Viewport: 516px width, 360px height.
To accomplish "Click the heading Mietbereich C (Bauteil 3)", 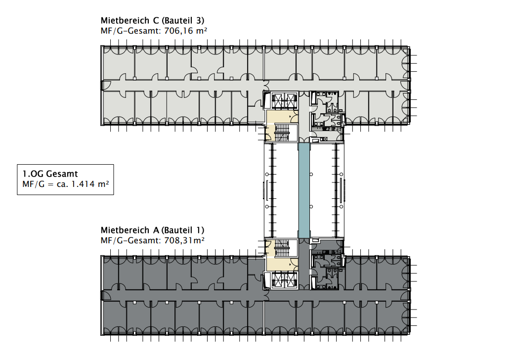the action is pos(152,20).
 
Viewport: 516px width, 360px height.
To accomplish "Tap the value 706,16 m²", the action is pos(186,31).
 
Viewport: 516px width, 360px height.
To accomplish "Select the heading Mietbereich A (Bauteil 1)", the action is pos(152,230).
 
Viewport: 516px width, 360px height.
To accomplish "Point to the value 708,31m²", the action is pos(184,240).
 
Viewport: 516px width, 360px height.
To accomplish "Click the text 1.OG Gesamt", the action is pos(50,174).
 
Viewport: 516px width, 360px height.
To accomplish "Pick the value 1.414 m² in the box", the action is pos(90,184).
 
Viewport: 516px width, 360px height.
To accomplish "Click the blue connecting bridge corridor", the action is pos(304,190).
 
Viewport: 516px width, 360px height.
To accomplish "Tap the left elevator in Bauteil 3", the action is pos(277,100).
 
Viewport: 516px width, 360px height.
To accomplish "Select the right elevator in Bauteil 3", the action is pos(291,100).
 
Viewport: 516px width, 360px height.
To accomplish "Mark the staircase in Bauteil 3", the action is pos(282,133).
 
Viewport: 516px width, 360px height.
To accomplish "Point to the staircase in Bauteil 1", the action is pos(282,248).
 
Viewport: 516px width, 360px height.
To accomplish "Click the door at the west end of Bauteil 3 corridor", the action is pos(105,86).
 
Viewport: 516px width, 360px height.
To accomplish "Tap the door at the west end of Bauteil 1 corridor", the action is pos(105,295).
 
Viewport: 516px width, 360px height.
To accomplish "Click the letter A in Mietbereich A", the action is pos(156,230).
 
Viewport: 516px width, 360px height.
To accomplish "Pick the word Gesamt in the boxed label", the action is pos(62,174).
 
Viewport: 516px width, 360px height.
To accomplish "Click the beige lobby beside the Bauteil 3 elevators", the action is pos(282,117).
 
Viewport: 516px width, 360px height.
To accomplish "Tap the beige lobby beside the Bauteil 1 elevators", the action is pos(282,264).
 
